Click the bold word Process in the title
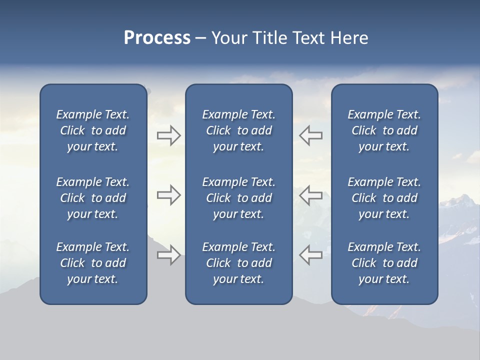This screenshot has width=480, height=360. pos(157,38)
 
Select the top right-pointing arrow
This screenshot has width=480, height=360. pos(168,135)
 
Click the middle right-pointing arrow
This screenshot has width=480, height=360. pos(168,195)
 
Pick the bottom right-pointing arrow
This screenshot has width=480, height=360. pos(168,254)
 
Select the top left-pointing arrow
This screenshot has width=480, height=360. pos(311,135)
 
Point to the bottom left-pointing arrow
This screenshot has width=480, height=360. pos(311,254)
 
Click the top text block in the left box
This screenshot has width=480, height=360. pos(93,130)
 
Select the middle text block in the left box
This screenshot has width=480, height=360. pos(93,198)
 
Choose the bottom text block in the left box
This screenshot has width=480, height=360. pos(93,263)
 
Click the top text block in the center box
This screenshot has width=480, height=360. pos(238,130)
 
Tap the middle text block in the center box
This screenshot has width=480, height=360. pos(238,198)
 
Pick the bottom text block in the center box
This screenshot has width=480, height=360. pos(238,263)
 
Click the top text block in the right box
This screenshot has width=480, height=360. pos(384,130)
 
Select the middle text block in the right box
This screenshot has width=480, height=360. pos(384,198)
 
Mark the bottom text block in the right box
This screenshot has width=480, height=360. pos(384,263)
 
